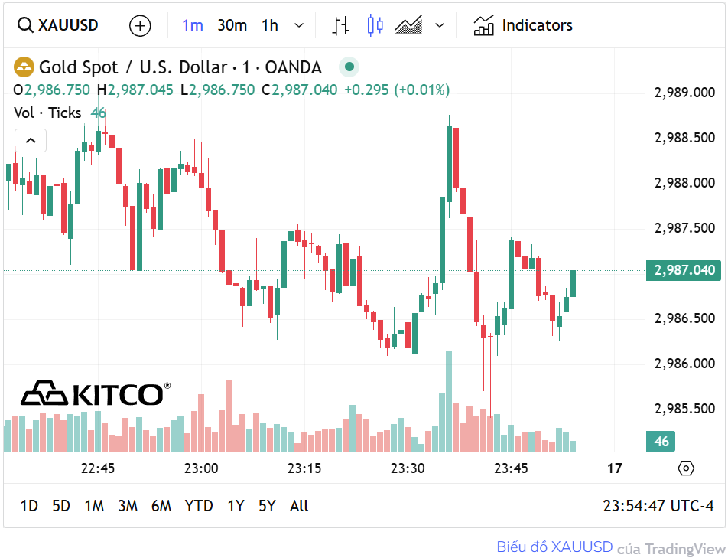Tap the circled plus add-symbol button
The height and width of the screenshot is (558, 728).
140,25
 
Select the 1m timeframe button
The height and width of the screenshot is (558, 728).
192,25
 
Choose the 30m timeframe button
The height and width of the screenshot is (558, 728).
232,25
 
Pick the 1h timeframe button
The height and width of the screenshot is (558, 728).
270,25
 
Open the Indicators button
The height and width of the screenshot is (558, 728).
523,25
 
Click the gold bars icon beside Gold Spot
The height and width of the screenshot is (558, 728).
24,67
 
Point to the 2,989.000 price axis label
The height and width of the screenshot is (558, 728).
684,93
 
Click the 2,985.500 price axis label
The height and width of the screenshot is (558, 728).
684,409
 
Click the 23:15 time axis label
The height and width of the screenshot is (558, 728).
304,468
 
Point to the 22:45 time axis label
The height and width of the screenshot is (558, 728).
98,468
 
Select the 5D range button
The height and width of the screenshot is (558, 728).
61,506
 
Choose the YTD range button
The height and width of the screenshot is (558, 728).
199,506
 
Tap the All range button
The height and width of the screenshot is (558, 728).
299,506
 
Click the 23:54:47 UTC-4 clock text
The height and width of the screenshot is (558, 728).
658,506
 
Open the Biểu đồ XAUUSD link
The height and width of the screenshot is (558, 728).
554,547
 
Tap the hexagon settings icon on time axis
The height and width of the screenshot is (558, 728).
686,468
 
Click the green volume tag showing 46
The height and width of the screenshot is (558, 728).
661,442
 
